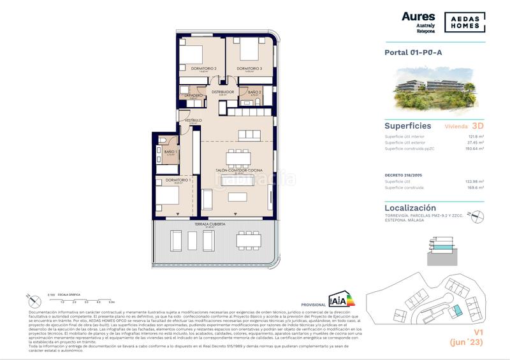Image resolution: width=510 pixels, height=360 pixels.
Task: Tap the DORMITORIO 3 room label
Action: coord(249,68)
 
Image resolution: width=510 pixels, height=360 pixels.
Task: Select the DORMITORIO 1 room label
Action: coord(178,180)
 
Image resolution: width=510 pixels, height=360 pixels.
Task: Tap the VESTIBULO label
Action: coord(193,120)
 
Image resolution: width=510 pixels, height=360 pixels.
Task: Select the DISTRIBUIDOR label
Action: coord(223,92)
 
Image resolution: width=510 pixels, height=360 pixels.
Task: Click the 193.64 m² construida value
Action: coord(473,148)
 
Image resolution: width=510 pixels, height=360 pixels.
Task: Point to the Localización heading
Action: coord(411,208)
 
